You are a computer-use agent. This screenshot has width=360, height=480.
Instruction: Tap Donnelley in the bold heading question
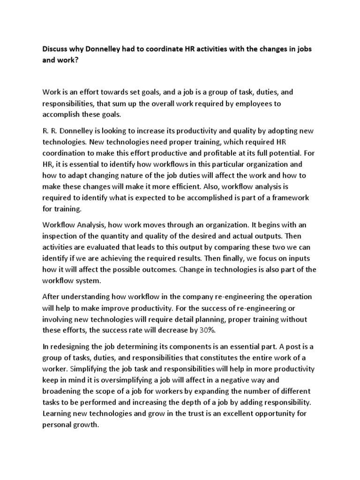106,49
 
